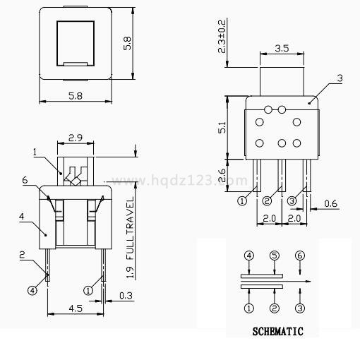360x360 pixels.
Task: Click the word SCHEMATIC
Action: (x=277, y=331)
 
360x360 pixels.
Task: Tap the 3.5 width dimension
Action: (x=282, y=49)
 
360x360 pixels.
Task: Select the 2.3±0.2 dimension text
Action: (x=222, y=37)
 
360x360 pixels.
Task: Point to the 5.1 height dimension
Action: (x=222, y=127)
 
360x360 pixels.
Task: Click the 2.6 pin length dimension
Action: (x=222, y=175)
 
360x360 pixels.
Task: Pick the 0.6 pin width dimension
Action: (x=330, y=204)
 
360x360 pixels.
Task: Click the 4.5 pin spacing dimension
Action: (x=76, y=308)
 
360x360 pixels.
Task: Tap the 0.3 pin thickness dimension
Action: (x=126, y=296)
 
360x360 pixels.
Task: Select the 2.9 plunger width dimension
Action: (x=76, y=138)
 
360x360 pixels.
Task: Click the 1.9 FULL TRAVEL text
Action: (x=130, y=238)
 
